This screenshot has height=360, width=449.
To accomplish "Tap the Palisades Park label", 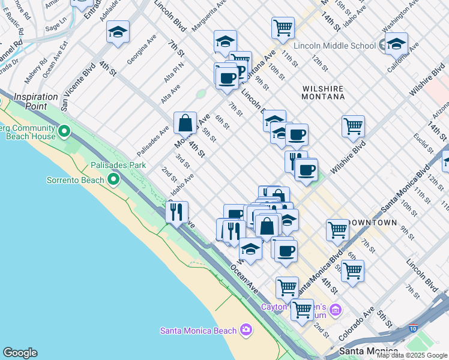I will tap(118, 164).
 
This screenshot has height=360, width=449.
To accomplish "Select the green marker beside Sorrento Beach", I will tap(113, 179).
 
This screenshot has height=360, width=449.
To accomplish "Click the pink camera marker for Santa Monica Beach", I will tap(246, 329).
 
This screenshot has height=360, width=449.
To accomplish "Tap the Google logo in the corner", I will tap(20, 353).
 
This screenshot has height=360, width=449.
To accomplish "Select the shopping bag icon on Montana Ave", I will tap(185, 122).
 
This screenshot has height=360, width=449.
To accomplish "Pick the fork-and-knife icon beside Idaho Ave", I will tap(176, 211).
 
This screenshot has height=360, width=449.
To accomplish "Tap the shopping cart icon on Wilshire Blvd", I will tap(353, 126).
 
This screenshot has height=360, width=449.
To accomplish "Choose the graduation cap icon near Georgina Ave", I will tap(118, 31).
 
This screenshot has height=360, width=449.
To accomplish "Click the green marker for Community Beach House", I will tap(64, 130).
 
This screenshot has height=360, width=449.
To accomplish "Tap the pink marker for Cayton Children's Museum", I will tap(336, 310).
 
